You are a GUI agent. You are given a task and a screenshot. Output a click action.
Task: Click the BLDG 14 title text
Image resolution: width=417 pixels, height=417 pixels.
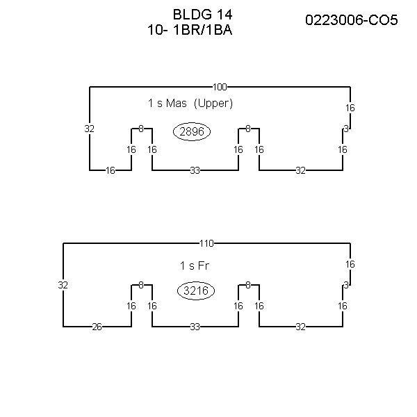point(203,15)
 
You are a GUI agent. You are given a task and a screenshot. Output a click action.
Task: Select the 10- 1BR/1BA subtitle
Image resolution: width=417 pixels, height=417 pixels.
point(190,30)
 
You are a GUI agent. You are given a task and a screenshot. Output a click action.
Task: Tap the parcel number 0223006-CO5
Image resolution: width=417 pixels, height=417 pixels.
point(351,20)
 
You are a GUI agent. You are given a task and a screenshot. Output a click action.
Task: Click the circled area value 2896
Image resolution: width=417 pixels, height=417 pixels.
point(192,131)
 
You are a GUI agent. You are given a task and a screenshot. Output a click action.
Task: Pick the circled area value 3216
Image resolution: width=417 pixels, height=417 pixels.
point(196,291)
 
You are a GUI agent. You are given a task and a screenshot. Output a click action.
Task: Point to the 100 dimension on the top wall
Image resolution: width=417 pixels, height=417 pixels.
point(220,87)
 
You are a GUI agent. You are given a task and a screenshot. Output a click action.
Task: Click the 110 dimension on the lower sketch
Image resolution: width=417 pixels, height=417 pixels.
point(206,243)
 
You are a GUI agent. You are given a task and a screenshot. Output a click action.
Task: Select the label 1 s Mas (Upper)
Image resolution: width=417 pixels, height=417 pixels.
point(190,103)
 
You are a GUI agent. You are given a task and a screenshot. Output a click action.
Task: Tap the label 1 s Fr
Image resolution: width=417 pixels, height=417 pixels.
point(195,265)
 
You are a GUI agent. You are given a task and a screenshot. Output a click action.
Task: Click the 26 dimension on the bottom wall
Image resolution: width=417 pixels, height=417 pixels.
point(97,327)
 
